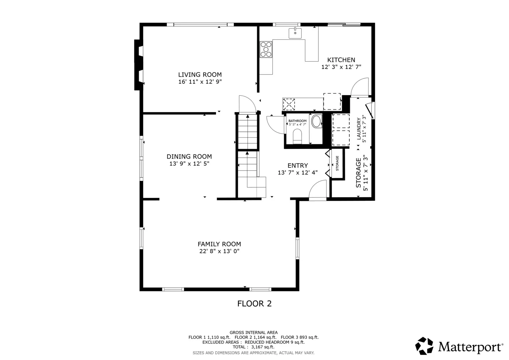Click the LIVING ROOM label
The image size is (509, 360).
200,75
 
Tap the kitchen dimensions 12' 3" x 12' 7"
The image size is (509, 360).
341,67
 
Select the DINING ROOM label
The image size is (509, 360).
189,156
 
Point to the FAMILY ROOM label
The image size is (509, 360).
219,244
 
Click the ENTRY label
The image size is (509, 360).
298,165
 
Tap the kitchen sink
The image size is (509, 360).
295,33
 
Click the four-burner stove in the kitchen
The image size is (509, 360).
266,49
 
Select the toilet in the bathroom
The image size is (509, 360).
297,136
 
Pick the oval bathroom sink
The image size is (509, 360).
317,121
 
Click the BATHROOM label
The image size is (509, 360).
297,121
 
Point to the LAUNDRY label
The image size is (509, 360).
359,129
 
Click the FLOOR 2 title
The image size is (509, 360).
255,304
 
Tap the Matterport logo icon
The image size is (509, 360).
424,346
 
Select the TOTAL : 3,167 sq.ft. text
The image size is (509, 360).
254,347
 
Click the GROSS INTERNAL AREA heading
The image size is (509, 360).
254,333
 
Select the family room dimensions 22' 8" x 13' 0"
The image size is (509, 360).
219,251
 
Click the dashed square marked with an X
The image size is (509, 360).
289,105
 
